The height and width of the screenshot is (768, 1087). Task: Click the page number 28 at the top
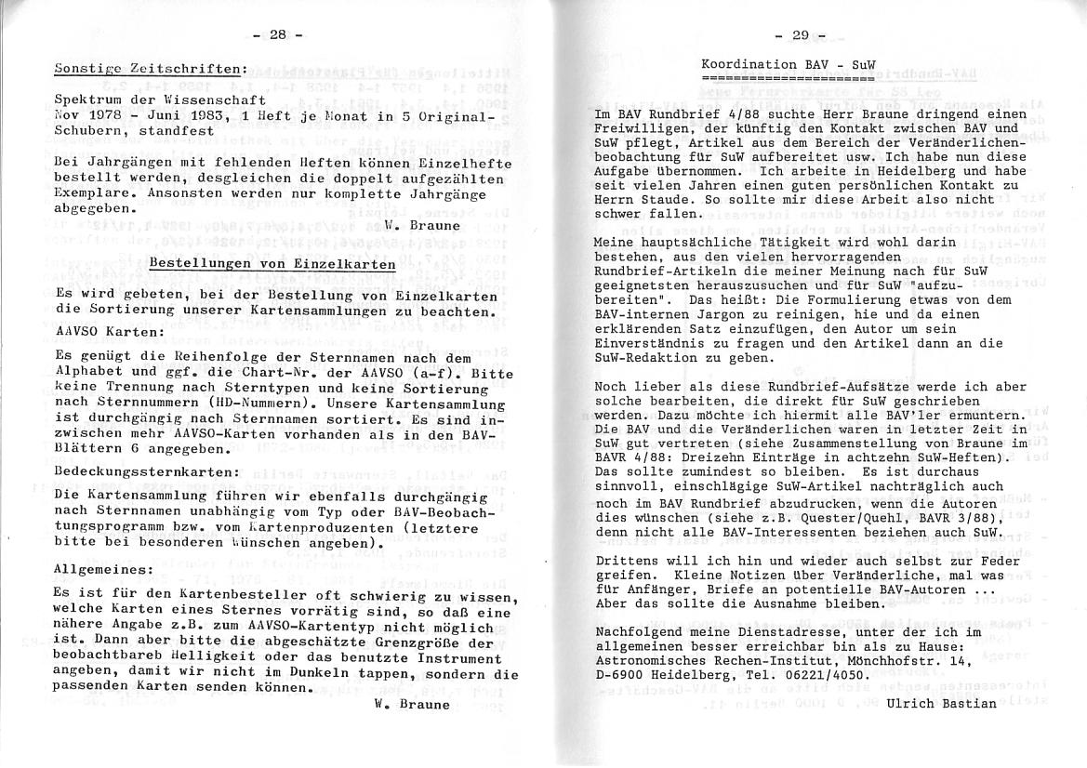point(277,34)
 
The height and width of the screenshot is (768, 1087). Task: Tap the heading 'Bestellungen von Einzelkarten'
point(272,264)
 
